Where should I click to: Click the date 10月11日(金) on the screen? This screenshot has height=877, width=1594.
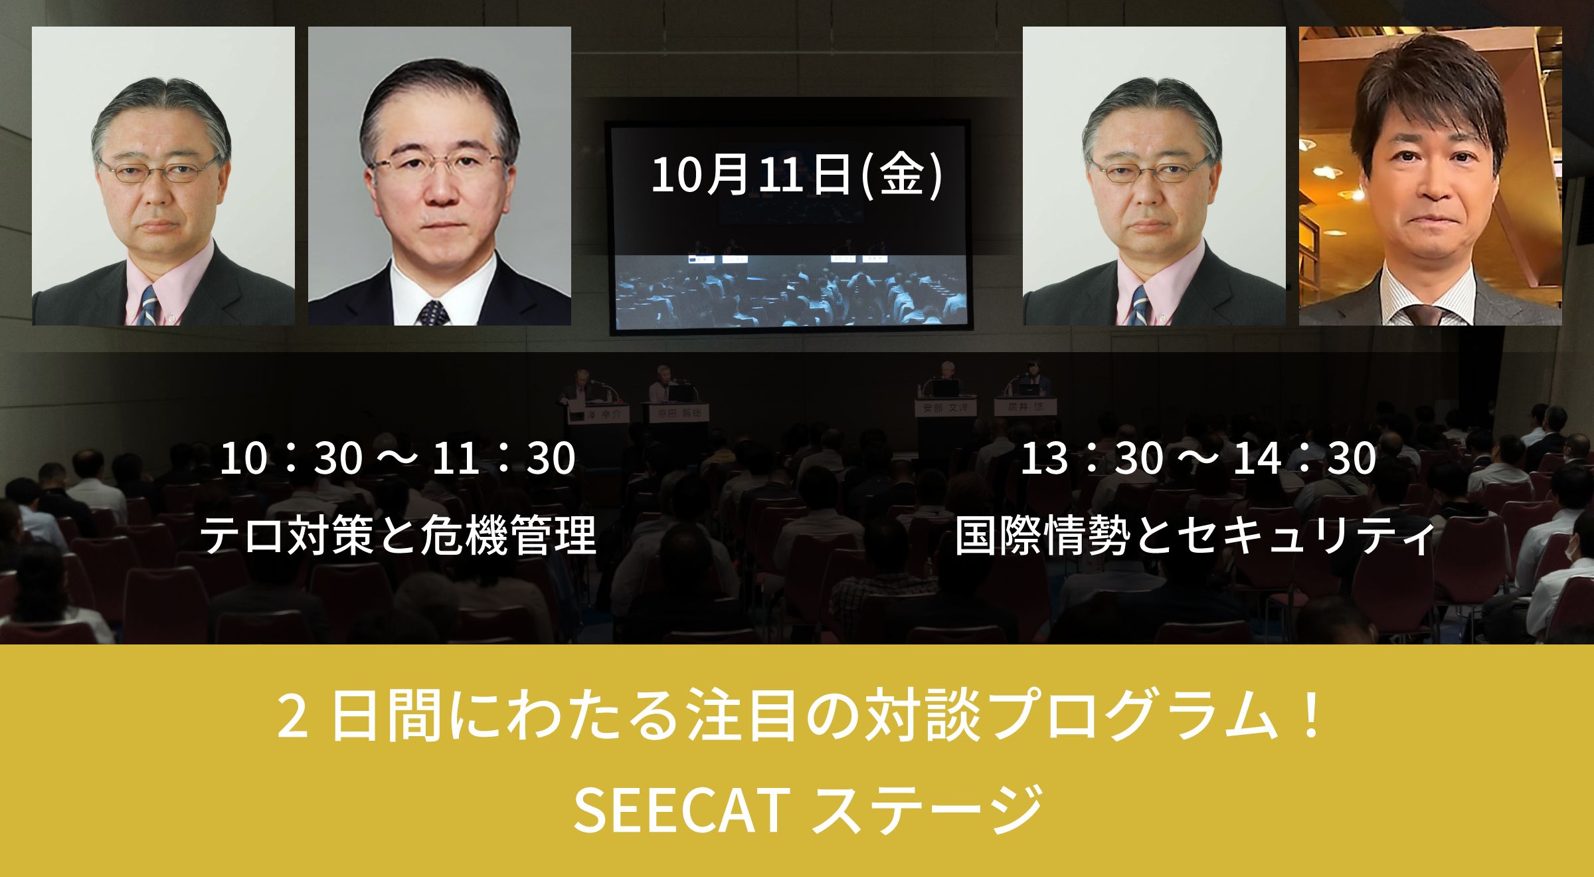pos(796,175)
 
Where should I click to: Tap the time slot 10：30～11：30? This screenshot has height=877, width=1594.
pos(397,458)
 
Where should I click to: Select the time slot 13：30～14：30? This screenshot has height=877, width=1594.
pos(1198,458)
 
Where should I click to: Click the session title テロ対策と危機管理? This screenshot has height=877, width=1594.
pos(398,536)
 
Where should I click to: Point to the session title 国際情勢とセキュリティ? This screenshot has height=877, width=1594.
pos(1195,536)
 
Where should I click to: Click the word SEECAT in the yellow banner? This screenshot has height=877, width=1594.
pos(681,810)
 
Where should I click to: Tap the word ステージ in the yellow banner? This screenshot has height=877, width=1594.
pos(927,810)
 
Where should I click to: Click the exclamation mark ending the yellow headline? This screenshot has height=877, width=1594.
pos(1311,715)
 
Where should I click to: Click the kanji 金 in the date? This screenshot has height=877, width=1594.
pos(901,175)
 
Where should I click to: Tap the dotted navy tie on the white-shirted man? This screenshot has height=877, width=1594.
pos(433,312)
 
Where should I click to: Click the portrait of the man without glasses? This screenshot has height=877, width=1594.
pos(1430,176)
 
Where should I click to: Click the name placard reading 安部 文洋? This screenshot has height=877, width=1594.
pos(945,407)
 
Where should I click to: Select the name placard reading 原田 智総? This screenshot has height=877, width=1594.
pos(679,413)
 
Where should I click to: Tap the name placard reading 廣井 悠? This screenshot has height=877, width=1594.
pos(1025,406)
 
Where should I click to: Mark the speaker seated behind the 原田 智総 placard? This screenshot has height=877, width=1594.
pos(663,382)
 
